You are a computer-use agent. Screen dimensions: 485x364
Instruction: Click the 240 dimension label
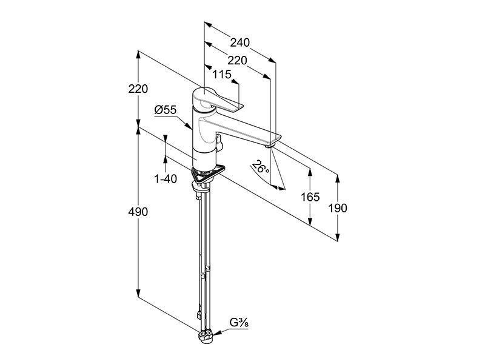pos(239,42)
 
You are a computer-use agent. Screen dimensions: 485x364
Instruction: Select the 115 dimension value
pos(222,74)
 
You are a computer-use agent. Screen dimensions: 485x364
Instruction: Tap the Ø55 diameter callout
pos(166,110)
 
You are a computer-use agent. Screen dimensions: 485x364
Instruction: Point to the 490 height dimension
pos(138,212)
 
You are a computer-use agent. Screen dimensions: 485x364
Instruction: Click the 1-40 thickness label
pos(166,178)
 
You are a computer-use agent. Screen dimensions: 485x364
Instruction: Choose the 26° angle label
pos(260,167)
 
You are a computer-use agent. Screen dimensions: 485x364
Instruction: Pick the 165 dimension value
pos(310,197)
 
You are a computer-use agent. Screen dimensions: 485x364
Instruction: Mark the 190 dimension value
pos(338,208)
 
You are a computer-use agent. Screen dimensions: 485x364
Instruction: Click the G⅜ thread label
pos(239,323)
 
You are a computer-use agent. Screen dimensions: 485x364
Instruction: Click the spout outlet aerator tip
pos(270,145)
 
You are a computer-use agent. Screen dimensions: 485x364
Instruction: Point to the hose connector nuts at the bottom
pos(206,336)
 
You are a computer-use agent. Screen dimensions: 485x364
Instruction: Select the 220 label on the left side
pos(138,89)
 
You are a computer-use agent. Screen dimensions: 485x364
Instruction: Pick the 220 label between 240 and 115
pos(237,60)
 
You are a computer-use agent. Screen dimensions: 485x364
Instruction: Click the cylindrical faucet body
pos(203,140)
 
